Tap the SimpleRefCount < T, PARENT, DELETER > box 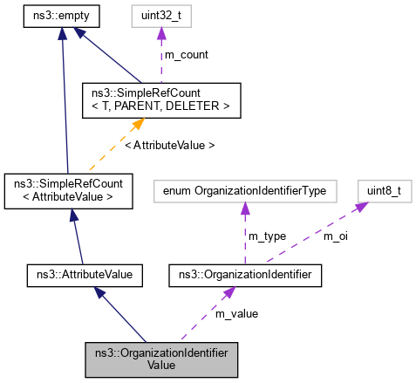(160, 100)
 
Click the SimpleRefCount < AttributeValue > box (69, 191)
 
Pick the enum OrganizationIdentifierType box (245, 191)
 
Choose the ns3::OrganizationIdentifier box (245, 275)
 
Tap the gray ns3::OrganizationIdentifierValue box (160, 359)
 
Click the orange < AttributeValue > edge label (169, 146)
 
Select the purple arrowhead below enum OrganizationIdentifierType (245, 208)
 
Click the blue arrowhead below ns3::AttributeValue (101, 293)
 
